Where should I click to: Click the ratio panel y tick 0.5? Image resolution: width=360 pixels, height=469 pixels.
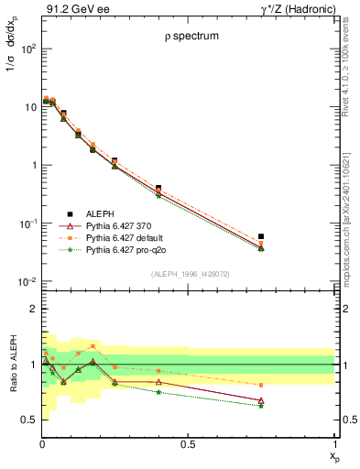[x=29, y=419]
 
